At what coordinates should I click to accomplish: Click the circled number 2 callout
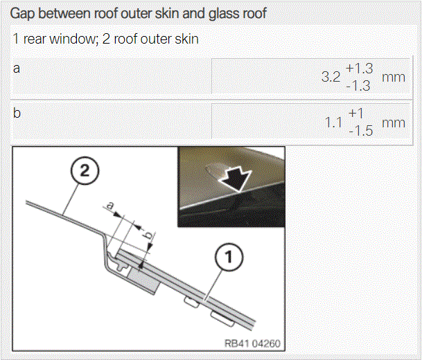tap(85, 171)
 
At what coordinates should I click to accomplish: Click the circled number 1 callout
tap(229, 257)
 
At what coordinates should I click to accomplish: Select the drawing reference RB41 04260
tap(252, 343)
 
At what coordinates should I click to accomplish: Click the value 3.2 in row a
tap(331, 77)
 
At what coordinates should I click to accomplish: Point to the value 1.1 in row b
tap(333, 123)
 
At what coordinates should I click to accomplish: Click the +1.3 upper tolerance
tap(360, 69)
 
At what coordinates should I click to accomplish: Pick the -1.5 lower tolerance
tap(360, 132)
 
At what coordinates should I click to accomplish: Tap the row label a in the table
tap(17, 69)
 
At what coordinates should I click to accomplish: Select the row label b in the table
tap(17, 113)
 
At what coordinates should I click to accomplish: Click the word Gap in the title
tap(23, 14)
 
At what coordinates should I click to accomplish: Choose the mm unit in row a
tap(394, 78)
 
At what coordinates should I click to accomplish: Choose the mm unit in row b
tap(394, 123)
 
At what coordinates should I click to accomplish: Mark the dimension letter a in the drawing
tap(110, 206)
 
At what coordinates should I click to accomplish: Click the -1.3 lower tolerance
tap(358, 86)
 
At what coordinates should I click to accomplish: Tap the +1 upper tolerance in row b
tap(355, 114)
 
